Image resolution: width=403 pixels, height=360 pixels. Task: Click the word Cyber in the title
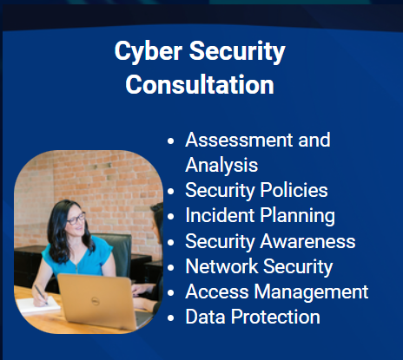(x=149, y=51)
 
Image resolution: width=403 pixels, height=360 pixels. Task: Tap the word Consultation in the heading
(x=200, y=84)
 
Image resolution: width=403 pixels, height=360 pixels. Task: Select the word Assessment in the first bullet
(x=239, y=140)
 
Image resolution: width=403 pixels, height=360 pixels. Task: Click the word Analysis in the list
(x=221, y=165)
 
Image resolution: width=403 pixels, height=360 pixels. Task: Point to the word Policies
(x=294, y=190)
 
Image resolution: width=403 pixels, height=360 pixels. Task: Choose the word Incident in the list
(x=220, y=215)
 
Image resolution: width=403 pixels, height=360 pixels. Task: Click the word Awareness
(x=307, y=241)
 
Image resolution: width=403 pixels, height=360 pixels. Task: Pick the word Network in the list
(x=221, y=266)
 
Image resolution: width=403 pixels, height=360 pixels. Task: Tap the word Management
(x=311, y=291)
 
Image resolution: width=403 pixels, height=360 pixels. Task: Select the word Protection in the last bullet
(x=275, y=317)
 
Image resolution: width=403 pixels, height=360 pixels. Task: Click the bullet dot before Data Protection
(x=171, y=317)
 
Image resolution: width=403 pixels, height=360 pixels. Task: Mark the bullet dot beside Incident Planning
(x=171, y=217)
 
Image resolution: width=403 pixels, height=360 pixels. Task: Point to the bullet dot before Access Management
(x=171, y=292)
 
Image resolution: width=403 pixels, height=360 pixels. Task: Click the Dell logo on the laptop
(x=96, y=301)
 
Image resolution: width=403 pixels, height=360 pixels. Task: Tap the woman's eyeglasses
(x=76, y=219)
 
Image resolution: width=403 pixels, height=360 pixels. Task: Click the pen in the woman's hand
(x=41, y=294)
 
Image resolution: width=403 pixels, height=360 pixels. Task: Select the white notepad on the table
(x=37, y=305)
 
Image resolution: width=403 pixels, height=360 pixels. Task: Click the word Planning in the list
(x=298, y=216)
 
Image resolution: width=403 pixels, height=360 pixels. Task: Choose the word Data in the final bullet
(x=205, y=317)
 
